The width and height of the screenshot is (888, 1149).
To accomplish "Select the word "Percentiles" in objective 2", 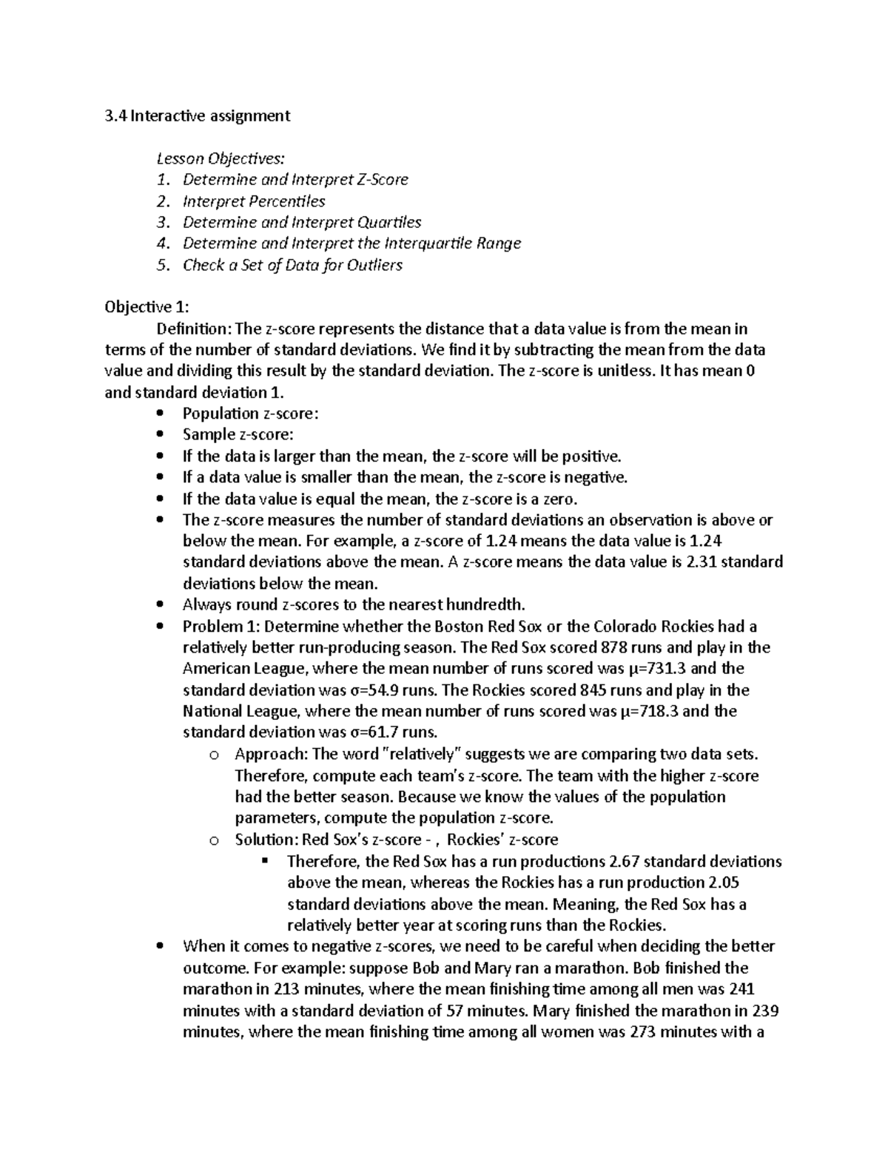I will (286, 201).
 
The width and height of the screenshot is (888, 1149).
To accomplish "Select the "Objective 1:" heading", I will (147, 307).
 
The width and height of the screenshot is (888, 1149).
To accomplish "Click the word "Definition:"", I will (189, 328).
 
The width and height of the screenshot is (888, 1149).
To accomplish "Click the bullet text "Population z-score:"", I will (251, 414).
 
